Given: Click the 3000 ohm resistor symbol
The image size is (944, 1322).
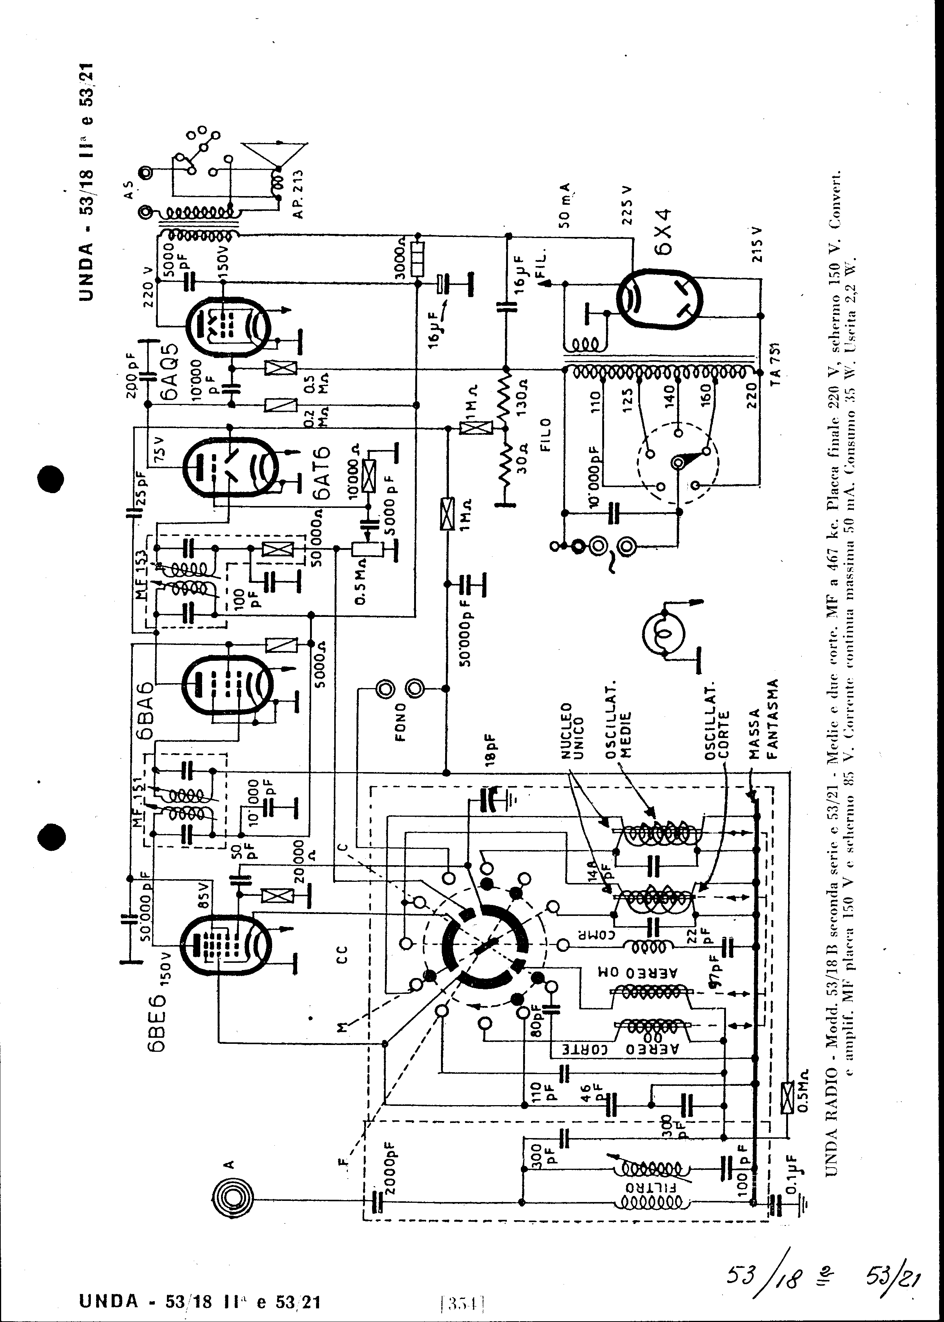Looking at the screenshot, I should [416, 258].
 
